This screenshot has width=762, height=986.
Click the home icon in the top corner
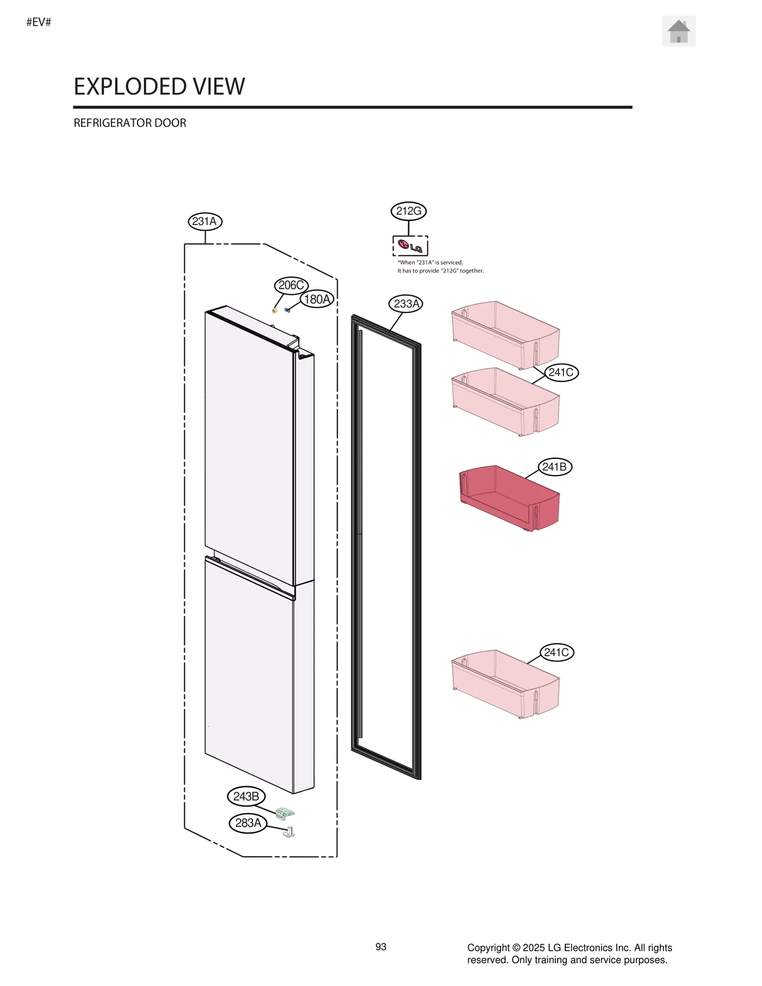tap(678, 31)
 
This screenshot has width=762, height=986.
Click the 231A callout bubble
tap(205, 221)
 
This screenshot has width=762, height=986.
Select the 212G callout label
tap(408, 211)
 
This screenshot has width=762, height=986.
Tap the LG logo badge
tap(410, 246)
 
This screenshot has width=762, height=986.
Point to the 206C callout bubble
tap(291, 285)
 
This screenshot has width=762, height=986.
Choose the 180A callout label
tap(317, 299)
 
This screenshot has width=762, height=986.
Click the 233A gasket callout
tap(406, 303)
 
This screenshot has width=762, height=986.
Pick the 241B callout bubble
tap(554, 467)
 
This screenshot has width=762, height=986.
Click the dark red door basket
tap(509, 498)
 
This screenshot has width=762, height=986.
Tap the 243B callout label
tap(246, 796)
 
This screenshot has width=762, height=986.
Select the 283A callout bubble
tap(248, 823)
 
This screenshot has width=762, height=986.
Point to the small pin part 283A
tap(289, 832)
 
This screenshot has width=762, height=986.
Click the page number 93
tap(381, 947)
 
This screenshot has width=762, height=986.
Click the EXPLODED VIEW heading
tap(159, 87)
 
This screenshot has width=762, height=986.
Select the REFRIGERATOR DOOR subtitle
tap(130, 123)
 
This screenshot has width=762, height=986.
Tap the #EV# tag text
tap(39, 22)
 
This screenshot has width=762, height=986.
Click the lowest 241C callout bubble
tap(556, 652)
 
